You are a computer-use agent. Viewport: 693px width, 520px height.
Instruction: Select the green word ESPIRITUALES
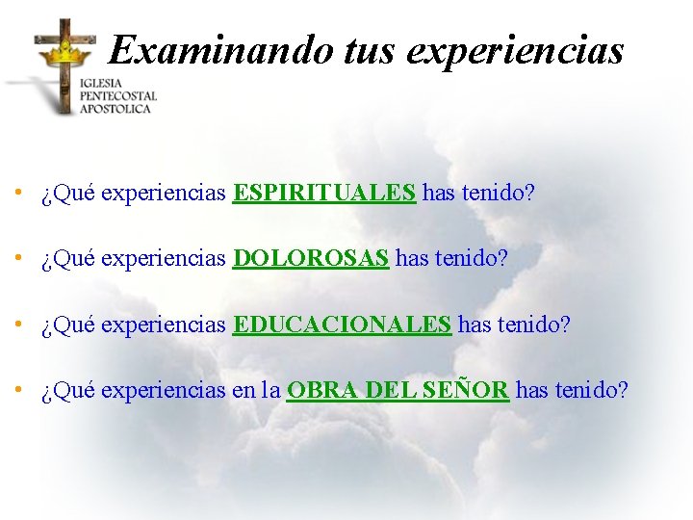(x=324, y=194)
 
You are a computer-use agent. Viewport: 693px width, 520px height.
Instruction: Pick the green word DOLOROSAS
(x=311, y=259)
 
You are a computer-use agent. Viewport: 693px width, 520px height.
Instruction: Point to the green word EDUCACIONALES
(x=342, y=325)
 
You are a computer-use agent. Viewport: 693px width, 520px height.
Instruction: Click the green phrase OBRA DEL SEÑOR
(x=398, y=390)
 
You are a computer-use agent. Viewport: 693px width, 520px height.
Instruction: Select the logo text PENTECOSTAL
(x=117, y=96)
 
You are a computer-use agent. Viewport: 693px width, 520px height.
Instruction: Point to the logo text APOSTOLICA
(x=115, y=109)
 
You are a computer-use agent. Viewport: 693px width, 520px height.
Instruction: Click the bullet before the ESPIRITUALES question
(x=18, y=194)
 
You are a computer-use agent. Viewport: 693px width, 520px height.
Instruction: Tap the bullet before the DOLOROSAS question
(x=18, y=259)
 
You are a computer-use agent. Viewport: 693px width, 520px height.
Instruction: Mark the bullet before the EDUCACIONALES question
(x=18, y=325)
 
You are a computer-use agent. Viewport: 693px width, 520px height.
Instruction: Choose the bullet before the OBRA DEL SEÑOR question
(x=18, y=390)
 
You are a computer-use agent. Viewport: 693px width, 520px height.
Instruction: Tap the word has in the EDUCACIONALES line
(x=475, y=325)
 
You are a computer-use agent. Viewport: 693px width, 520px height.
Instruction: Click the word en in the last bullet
(x=244, y=390)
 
